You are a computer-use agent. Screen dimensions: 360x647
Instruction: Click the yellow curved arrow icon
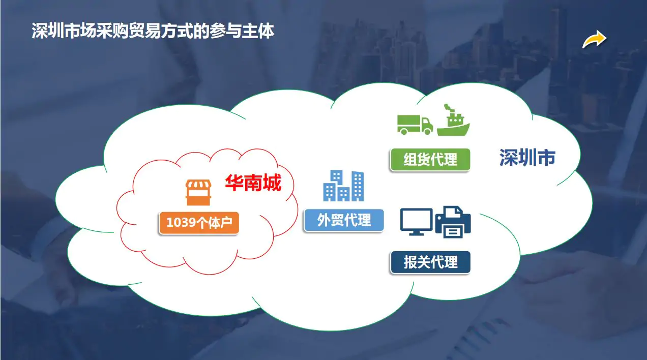(594, 39)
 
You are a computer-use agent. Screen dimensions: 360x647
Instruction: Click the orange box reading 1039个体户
(199, 223)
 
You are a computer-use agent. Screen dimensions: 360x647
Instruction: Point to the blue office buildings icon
(343, 186)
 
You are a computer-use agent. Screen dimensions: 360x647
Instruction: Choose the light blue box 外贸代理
(343, 220)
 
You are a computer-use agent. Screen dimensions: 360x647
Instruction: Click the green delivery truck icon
(415, 124)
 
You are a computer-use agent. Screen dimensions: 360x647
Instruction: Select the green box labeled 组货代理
(430, 160)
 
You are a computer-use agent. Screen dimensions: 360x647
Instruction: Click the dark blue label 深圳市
(527, 158)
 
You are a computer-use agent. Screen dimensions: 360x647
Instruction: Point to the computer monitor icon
(416, 221)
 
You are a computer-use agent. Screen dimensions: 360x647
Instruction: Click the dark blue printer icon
(453, 222)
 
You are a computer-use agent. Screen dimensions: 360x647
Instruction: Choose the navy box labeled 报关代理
(430, 262)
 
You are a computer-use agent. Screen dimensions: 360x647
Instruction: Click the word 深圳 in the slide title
(44, 31)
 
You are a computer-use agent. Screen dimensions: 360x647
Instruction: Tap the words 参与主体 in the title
(250, 31)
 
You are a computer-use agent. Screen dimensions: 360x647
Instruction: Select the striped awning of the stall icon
(198, 186)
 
